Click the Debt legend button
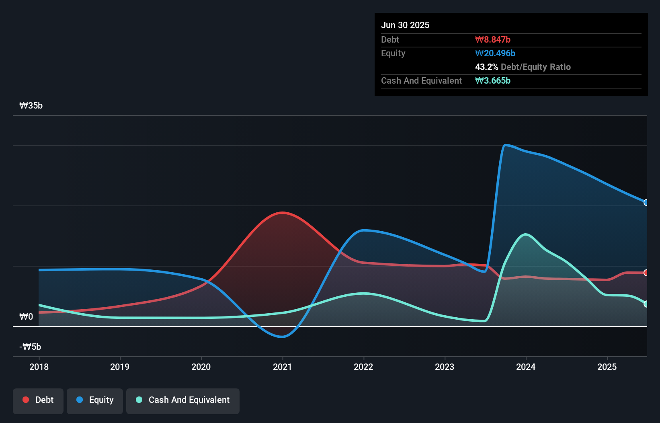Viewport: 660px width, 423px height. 38,400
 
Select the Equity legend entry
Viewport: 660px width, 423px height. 95,400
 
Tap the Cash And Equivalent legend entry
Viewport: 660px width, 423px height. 183,400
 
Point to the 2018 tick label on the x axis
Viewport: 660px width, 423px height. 39,367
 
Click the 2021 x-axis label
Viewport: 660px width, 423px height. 282,367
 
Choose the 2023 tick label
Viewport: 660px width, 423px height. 445,367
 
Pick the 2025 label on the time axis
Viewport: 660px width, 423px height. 607,367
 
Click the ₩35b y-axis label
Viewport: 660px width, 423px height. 31,106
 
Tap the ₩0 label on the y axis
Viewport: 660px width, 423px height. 26,317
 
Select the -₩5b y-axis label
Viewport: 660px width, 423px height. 31,347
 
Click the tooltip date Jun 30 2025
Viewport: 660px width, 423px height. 405,25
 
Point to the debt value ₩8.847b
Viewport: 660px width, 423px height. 493,40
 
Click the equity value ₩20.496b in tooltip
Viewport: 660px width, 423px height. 495,53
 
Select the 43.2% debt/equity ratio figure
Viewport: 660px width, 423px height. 486,67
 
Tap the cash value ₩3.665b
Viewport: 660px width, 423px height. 493,81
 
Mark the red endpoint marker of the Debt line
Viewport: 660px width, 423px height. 646,273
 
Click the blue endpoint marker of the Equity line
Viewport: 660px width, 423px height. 646,203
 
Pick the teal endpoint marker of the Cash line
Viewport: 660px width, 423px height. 646,304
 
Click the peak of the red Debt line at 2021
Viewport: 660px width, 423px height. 283,213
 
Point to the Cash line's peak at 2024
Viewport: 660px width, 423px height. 525,234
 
